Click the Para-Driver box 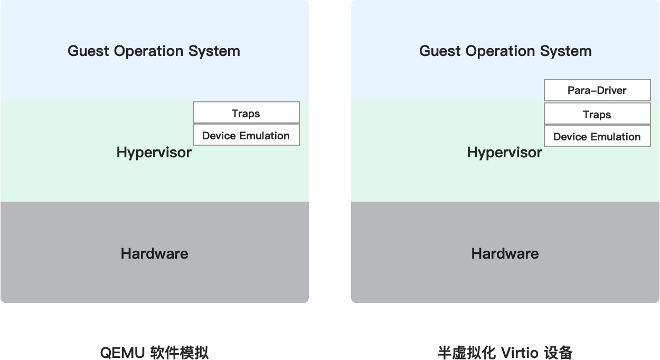click(597, 90)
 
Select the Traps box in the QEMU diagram click(247, 112)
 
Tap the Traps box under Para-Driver click(597, 113)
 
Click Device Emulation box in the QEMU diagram click(247, 135)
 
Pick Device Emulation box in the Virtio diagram click(597, 136)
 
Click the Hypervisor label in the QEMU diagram click(154, 153)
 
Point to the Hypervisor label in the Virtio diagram click(504, 153)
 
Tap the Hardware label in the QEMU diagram click(154, 254)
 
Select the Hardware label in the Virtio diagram click(505, 254)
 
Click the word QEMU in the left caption click(122, 353)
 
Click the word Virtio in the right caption click(520, 353)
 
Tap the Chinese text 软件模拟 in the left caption click(180, 353)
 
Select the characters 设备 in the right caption click(558, 353)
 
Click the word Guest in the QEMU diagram click(88, 51)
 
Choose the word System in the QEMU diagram click(214, 52)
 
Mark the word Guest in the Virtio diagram click(440, 51)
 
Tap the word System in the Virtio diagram click(565, 52)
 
